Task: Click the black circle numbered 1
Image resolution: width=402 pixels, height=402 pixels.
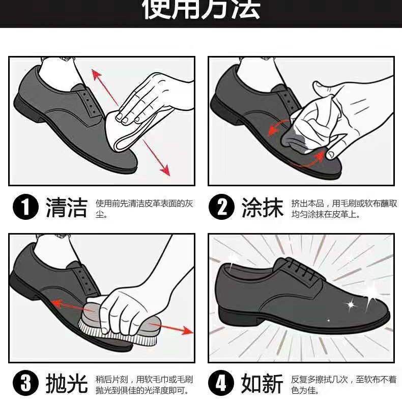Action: point(25,207)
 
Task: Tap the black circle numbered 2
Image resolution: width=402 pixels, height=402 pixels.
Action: point(221,207)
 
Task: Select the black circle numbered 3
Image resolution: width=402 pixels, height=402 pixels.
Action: point(25,384)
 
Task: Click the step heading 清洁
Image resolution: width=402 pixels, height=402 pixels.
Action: point(67,208)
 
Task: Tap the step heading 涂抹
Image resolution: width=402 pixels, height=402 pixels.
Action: point(263,208)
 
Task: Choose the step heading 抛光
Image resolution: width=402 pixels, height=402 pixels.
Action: point(67,384)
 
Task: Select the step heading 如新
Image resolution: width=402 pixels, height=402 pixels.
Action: point(262,384)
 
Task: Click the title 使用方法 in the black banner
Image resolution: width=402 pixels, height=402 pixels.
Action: point(201,9)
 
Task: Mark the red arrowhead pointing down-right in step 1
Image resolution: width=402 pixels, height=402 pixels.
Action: point(165,170)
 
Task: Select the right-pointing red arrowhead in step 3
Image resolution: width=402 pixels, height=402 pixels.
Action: point(187,330)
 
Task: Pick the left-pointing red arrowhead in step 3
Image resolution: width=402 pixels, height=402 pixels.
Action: point(57,304)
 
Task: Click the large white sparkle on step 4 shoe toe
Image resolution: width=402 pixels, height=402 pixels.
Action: point(371,295)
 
